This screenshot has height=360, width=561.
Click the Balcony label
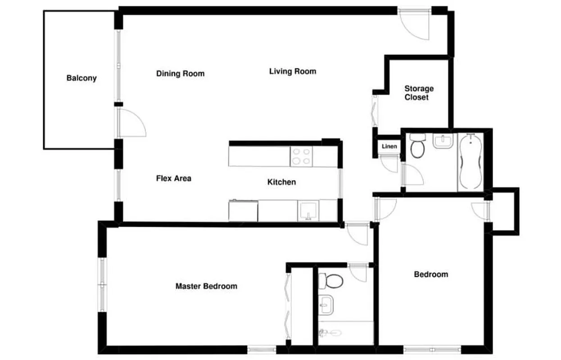coord(81,78)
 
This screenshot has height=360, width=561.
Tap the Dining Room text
coord(180,73)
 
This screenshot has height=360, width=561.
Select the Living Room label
coord(293,71)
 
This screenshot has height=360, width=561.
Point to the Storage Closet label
coord(419,93)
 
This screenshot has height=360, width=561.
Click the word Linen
coord(389,146)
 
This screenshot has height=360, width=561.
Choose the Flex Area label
coord(173,178)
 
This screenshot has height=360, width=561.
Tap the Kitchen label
coord(282,182)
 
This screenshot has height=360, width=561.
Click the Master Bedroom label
coord(206,286)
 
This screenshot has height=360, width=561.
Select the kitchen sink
coord(308,211)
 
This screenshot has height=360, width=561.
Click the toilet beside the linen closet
coord(417,148)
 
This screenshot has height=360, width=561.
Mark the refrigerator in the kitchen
coord(243,211)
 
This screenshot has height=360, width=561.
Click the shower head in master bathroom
coord(323,333)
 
